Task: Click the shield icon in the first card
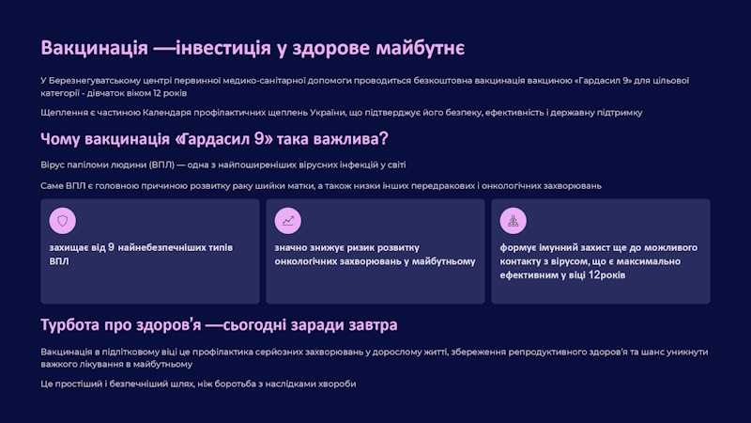63,221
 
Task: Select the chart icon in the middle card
288,221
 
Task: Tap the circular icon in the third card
513,221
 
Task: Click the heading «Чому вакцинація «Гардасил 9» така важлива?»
215,139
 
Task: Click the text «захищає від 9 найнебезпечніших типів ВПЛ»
141,254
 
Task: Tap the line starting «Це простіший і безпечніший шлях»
198,384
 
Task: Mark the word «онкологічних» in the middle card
305,261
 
